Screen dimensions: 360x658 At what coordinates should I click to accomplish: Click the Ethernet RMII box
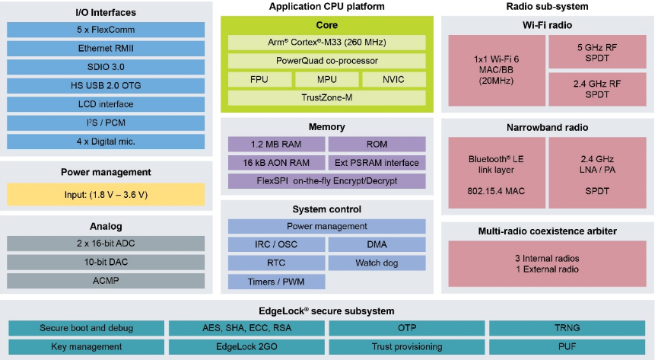(x=106, y=49)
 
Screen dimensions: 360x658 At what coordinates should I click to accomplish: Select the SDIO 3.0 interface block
(x=106, y=67)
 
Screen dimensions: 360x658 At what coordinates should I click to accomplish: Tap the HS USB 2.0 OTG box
(x=106, y=86)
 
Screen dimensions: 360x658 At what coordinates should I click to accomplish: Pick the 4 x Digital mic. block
(x=106, y=142)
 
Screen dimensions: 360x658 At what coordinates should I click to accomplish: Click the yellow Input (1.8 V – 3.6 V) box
(x=106, y=195)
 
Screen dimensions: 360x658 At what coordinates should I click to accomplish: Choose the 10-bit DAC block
(x=106, y=262)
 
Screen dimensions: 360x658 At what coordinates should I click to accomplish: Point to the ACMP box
(x=106, y=281)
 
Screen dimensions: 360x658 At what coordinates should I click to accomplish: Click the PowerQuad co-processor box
(x=327, y=61)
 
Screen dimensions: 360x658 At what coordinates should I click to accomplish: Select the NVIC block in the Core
(x=393, y=80)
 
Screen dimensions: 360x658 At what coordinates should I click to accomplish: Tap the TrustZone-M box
(x=327, y=98)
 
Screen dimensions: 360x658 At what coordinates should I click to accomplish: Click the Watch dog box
(x=377, y=263)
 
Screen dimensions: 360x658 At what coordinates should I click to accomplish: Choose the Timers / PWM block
(x=277, y=282)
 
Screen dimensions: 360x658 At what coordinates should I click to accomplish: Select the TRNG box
(x=567, y=329)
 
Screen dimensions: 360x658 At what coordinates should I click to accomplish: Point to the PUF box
(x=567, y=347)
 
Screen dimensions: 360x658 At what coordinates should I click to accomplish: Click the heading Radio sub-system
(x=546, y=7)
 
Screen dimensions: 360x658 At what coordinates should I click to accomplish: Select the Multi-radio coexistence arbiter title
(x=546, y=231)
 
